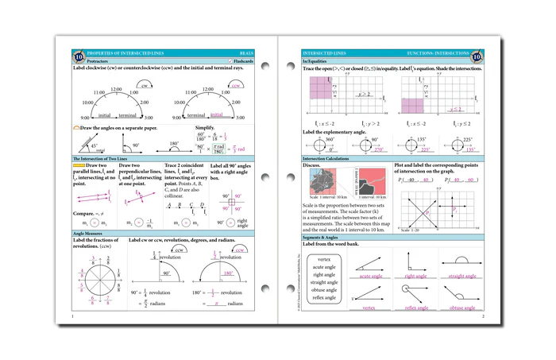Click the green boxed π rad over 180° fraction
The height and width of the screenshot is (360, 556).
click(228, 148)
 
